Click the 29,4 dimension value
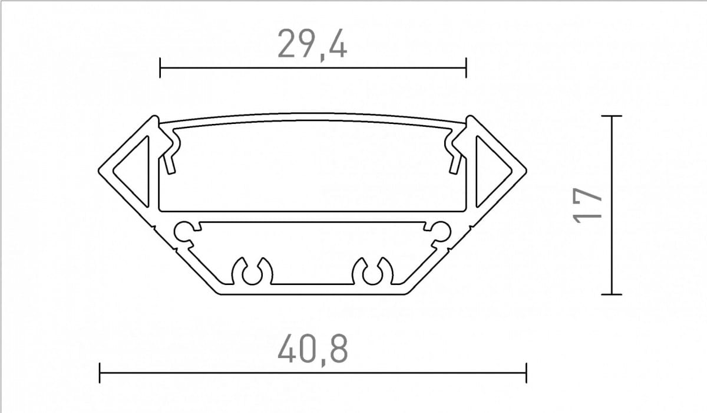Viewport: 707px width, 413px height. click(312, 44)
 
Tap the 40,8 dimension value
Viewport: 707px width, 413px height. click(313, 350)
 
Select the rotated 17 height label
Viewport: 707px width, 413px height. click(587, 205)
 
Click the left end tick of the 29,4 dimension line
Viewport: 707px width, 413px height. click(160, 68)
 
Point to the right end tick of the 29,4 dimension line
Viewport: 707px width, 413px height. click(466, 68)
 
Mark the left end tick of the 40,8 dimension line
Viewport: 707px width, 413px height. click(100, 373)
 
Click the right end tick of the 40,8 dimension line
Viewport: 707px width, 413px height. click(526, 373)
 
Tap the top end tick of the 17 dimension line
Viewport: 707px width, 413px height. click(612, 116)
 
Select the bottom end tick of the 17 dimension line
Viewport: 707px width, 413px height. click(612, 294)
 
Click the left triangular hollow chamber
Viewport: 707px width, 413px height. click(136, 172)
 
